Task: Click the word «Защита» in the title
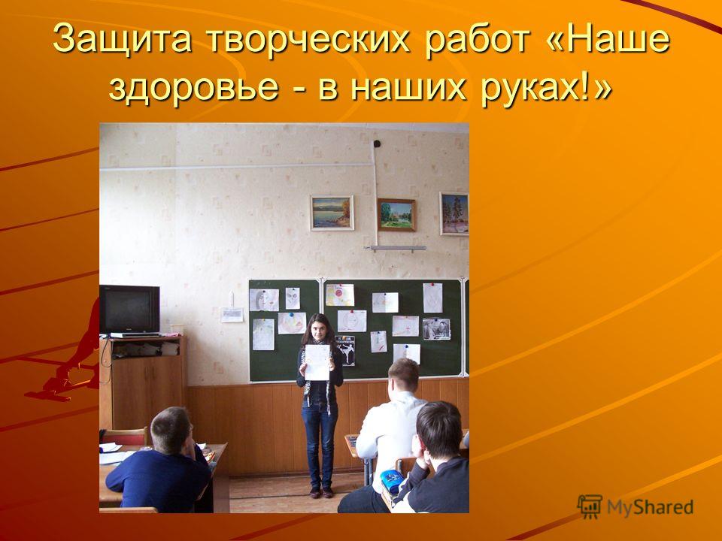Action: coord(122,39)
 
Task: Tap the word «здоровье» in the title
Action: coord(194,86)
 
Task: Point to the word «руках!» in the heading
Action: coord(546,86)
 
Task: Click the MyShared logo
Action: coord(635,507)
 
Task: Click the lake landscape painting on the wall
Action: coord(332,213)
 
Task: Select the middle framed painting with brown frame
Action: coord(396,215)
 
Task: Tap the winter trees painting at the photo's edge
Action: coord(454,214)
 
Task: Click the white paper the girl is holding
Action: coord(317,362)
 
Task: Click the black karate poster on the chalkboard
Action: coord(345,351)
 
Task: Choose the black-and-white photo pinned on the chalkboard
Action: coord(436,329)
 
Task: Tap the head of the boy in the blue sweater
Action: coord(171,430)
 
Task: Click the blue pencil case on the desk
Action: coord(391,481)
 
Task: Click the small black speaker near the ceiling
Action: coord(377,144)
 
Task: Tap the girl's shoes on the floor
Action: coord(321,493)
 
